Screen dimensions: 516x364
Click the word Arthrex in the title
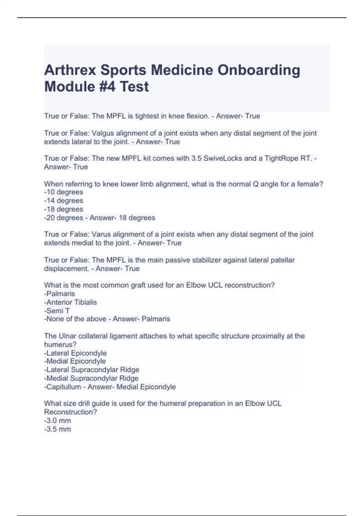[x=70, y=70]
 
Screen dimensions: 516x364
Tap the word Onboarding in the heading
[x=259, y=70]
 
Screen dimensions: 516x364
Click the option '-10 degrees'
[x=63, y=192]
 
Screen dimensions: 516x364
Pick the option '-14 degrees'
[x=63, y=201]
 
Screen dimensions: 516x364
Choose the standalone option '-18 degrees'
[x=63, y=209]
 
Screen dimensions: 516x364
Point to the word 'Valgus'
[x=103, y=133]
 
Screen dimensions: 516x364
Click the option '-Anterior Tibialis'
[x=70, y=302]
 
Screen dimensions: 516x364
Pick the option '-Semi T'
[x=57, y=311]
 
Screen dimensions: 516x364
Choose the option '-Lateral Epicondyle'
[x=75, y=353]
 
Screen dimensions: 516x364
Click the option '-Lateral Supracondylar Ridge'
[x=92, y=370]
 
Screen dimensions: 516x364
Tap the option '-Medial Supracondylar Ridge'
[x=91, y=378]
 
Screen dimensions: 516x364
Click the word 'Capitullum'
[x=63, y=387]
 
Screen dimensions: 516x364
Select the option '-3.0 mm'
[x=58, y=421]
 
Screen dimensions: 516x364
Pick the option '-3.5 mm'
[x=58, y=429]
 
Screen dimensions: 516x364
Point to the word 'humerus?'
[x=60, y=345]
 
